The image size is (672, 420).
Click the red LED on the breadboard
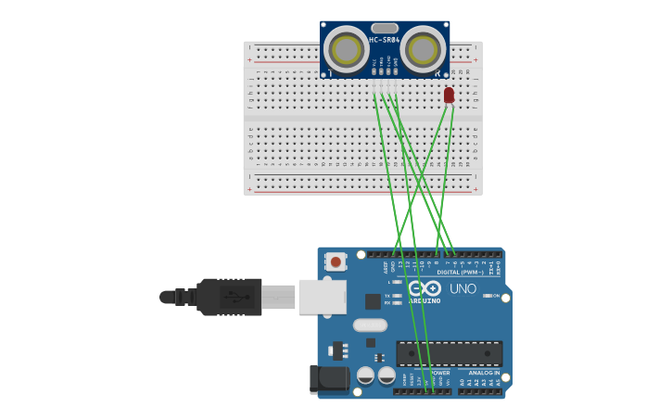coord(449,95)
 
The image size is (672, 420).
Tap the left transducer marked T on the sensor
coord(347,49)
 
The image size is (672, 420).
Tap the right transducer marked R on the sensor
coord(424,49)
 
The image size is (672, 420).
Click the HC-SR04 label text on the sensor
coord(385,40)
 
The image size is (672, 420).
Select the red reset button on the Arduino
coord(336,262)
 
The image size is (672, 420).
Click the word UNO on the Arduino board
coord(463,288)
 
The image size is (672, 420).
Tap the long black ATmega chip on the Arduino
coord(450,352)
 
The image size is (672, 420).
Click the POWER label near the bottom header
coord(439,373)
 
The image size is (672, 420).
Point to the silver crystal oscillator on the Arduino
coord(369,325)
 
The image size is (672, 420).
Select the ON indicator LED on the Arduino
coord(487,296)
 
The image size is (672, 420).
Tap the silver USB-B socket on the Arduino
coord(322,297)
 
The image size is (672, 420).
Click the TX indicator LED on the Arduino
coord(397,296)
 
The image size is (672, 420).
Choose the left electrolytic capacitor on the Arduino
coord(365,375)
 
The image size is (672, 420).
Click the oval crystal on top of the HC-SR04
coord(385,28)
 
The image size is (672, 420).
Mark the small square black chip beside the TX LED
coord(373,301)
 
